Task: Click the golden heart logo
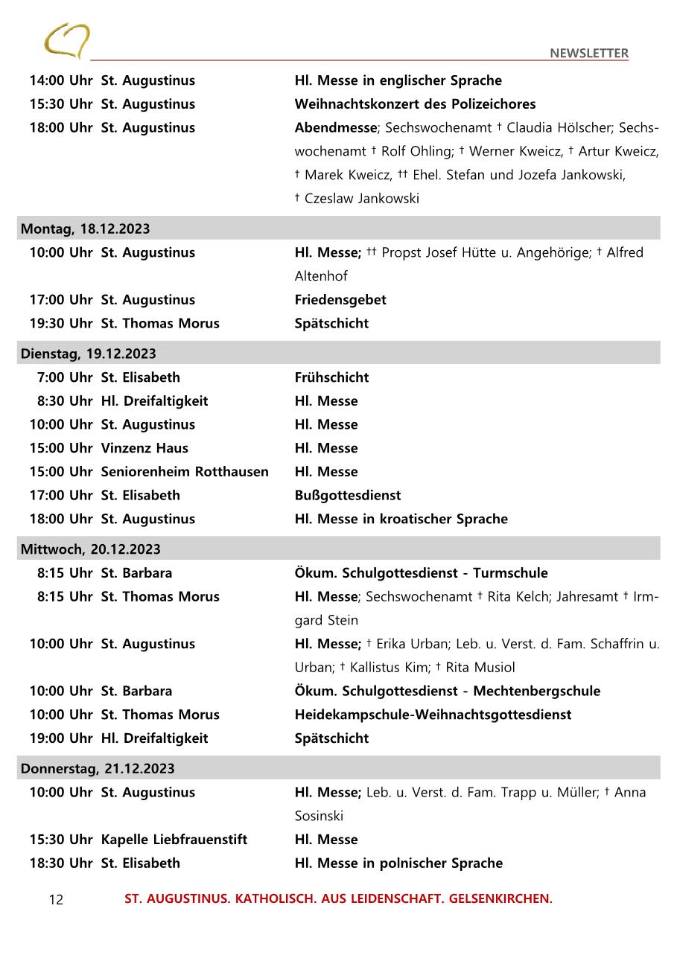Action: pyautogui.click(x=66, y=40)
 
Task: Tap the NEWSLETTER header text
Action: pyautogui.click(x=589, y=53)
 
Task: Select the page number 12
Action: pyautogui.click(x=56, y=900)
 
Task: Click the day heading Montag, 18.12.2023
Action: pyautogui.click(x=85, y=229)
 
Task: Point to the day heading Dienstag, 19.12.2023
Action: pyautogui.click(x=89, y=354)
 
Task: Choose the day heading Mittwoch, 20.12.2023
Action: pyautogui.click(x=90, y=549)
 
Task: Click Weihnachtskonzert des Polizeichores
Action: pyautogui.click(x=415, y=103)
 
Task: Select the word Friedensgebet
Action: pyautogui.click(x=340, y=300)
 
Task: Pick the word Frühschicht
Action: pyautogui.click(x=331, y=377)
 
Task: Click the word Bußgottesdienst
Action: pyautogui.click(x=348, y=495)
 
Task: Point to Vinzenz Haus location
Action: pyautogui.click(x=144, y=448)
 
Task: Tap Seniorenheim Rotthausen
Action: pyautogui.click(x=185, y=472)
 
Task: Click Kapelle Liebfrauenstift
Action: pyautogui.click(x=174, y=840)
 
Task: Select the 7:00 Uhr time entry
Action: pyautogui.click(x=65, y=377)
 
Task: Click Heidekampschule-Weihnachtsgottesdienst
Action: pyautogui.click(x=433, y=715)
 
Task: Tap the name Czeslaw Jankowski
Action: pyautogui.click(x=361, y=199)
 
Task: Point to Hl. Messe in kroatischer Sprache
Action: pyautogui.click(x=401, y=519)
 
